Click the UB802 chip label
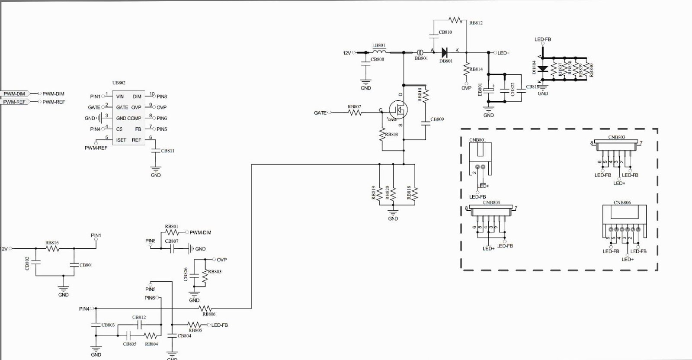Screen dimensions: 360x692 pyautogui.click(x=119, y=83)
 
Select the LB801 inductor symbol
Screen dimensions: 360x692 pyautogui.click(x=379, y=52)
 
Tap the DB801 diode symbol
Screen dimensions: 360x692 pyautogui.click(x=444, y=53)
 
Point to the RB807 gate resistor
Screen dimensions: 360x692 pyautogui.click(x=355, y=112)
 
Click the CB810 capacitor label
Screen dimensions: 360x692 pyautogui.click(x=445, y=32)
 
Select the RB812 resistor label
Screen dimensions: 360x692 pyautogui.click(x=476, y=23)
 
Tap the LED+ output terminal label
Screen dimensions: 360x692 pyautogui.click(x=503, y=53)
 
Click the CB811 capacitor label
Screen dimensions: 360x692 pyautogui.click(x=167, y=151)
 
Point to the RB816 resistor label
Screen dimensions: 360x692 pyautogui.click(x=52, y=243)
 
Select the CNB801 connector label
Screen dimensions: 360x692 pyautogui.click(x=477, y=140)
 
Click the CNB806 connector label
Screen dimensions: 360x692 pyautogui.click(x=622, y=202)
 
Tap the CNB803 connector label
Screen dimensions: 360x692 pyautogui.click(x=616, y=137)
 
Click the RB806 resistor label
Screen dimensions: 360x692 pyautogui.click(x=208, y=314)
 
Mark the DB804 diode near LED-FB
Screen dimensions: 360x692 pyautogui.click(x=543, y=68)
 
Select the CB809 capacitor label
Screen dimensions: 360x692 pyautogui.click(x=437, y=119)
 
